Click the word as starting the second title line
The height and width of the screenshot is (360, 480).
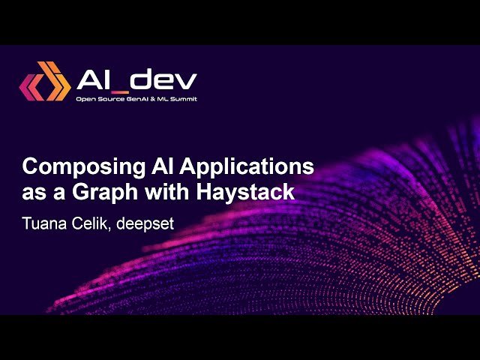tap(33, 192)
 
